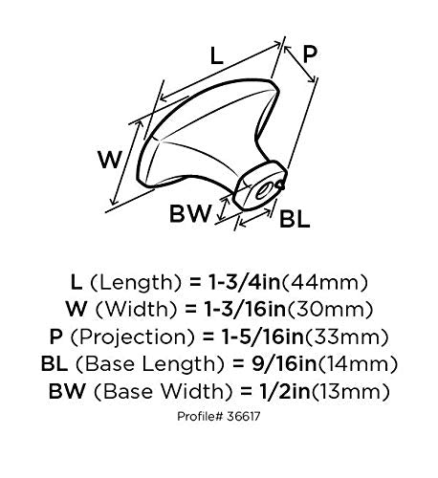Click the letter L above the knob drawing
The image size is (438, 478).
coord(217,55)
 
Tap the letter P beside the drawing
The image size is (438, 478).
coord(310,54)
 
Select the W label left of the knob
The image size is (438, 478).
coord(110,160)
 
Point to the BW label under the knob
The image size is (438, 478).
coord(190,213)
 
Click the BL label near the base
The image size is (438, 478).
coord(295,219)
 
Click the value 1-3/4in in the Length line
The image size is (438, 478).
coord(244,282)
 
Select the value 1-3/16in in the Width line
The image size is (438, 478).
coord(245,309)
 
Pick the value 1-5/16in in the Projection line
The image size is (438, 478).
coord(263,337)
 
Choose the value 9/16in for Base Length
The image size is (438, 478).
coord(284,363)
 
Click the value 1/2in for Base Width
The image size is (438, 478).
coord(285,391)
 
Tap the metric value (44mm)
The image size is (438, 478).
coord(325,282)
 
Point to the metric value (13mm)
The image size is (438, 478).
coord(350,391)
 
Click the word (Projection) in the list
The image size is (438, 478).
coord(132,337)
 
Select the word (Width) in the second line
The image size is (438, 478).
coord(136,310)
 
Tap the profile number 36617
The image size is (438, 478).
coord(244,416)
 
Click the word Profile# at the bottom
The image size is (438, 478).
coord(200,416)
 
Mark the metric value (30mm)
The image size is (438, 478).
coord(330,310)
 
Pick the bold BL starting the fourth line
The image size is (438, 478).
coord(55,363)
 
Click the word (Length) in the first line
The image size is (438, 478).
coord(136,283)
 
